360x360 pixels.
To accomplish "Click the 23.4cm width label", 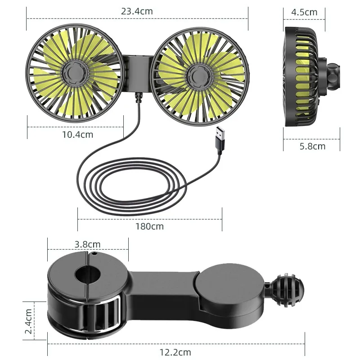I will (137, 12).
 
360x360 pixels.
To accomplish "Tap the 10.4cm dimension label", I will (77, 134).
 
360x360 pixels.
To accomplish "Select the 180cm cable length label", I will (149, 226).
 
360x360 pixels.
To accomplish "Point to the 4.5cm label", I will (304, 12).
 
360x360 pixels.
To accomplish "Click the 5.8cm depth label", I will (312, 146).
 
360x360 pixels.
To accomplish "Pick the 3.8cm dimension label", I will (87, 244).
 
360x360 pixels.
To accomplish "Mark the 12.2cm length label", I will (175, 352).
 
